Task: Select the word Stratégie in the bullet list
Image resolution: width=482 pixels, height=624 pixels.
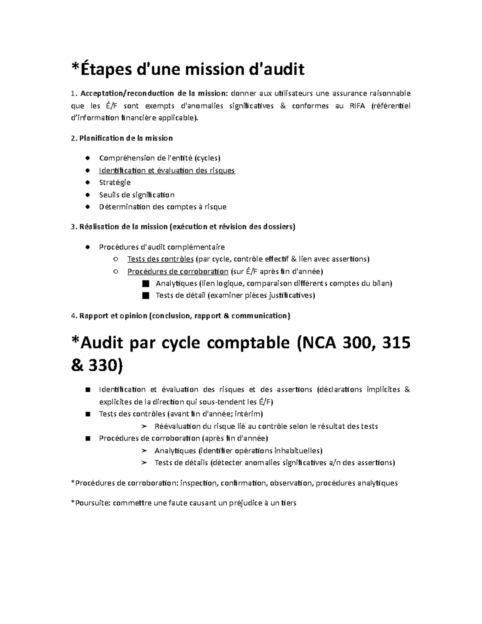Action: click(115, 182)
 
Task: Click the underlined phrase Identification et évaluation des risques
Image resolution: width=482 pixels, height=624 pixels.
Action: click(167, 170)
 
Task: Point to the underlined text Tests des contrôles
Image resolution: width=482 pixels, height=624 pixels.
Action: click(160, 259)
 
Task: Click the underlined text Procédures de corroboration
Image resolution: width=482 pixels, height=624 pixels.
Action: click(178, 271)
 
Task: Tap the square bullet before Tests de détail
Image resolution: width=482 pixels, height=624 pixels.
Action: click(145, 296)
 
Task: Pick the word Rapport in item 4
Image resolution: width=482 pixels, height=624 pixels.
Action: click(94, 316)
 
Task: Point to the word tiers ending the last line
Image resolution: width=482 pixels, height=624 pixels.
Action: click(288, 503)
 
